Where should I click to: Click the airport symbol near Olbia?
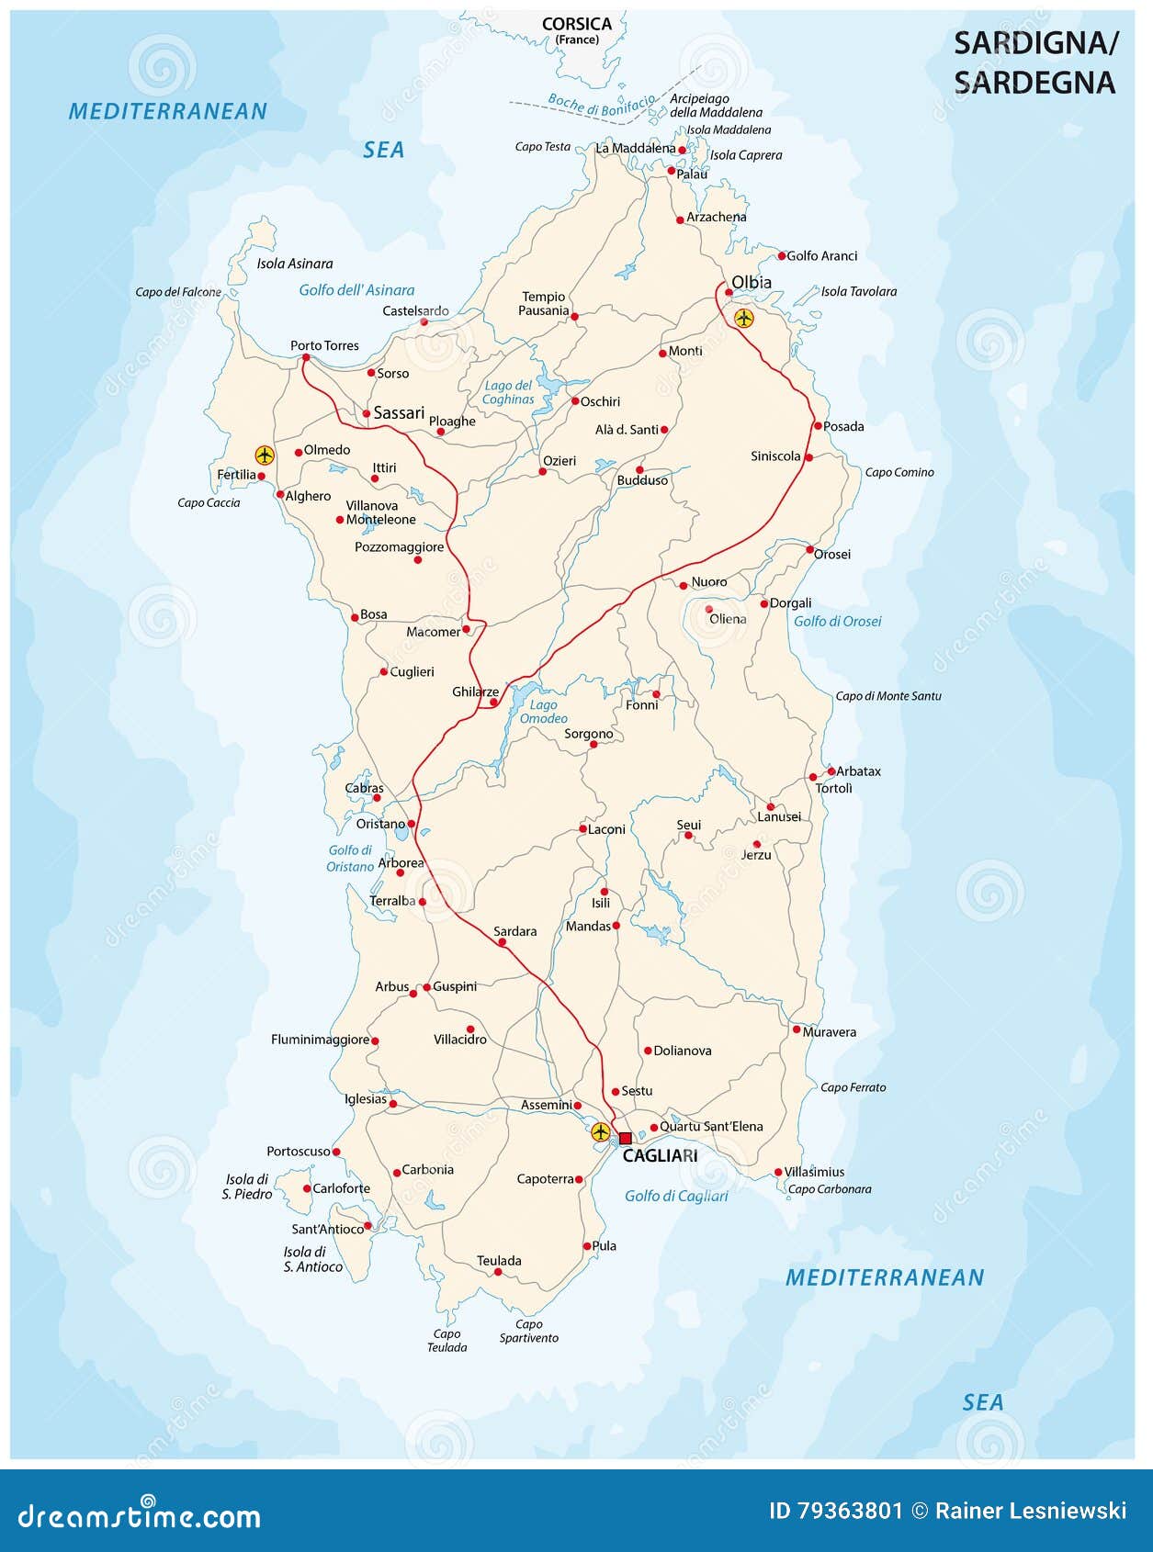pos(743,319)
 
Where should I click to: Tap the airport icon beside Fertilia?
pos(265,454)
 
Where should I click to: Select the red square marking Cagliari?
pos(625,1138)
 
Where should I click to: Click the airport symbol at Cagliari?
pos(600,1131)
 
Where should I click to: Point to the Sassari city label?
pos(399,413)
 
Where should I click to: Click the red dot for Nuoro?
pos(684,585)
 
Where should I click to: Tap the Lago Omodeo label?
pos(543,712)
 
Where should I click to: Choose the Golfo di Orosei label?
pos(837,622)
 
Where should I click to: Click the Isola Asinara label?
pos(294,264)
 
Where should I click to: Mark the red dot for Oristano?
pos(412,824)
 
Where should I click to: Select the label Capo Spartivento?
pos(528,1331)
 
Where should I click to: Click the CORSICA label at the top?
pos(576,25)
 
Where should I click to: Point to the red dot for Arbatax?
pos(831,770)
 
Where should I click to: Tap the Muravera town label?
pos(829,1032)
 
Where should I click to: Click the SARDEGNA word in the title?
pos(1034,83)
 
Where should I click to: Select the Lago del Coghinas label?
pos(508,392)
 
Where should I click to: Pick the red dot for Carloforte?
pos(306,1188)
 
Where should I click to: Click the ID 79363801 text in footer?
pos(835,1511)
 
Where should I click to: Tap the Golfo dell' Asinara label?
pos(356,290)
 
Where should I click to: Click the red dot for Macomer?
pos(467,629)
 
